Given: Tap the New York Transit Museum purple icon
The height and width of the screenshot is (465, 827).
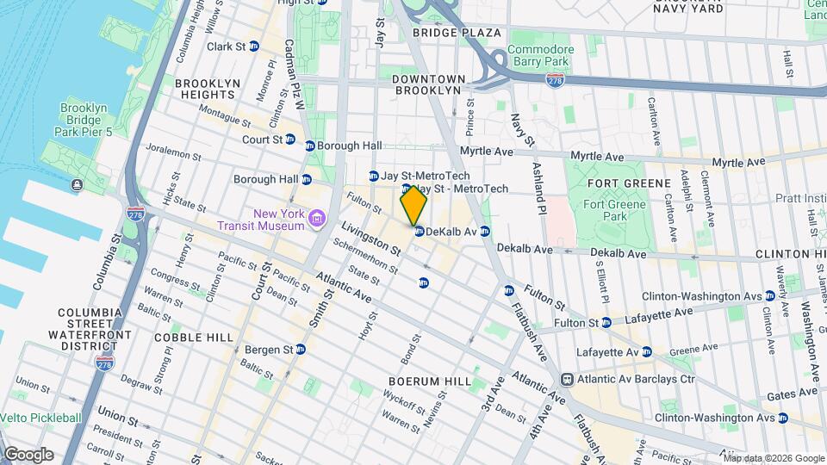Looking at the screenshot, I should (x=317, y=219).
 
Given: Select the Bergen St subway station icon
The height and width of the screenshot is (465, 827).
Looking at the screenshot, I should (x=301, y=350).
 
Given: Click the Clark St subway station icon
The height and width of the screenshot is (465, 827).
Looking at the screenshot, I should (x=253, y=46).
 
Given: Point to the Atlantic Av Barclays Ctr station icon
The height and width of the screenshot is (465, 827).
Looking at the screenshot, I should (x=568, y=379).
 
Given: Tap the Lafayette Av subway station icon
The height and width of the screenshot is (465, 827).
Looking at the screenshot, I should (x=646, y=351).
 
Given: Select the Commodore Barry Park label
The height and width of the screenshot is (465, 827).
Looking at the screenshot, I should (x=540, y=56).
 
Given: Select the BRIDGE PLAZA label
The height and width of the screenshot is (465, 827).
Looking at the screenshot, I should (x=457, y=33).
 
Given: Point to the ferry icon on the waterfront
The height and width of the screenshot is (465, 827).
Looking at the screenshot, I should (x=78, y=185).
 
